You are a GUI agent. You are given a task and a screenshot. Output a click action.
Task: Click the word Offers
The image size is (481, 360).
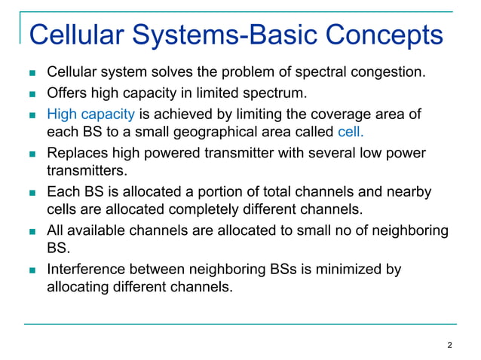[x=68, y=94]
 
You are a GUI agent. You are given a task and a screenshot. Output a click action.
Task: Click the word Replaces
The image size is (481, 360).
[x=77, y=154]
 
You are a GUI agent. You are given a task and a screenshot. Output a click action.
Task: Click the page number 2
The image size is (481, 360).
[x=450, y=346]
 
